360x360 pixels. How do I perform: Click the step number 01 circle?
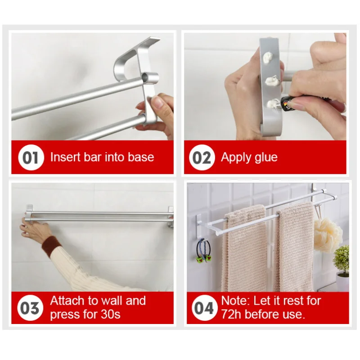[31, 158]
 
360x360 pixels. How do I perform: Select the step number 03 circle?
[31, 308]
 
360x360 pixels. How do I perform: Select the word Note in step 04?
[235, 301]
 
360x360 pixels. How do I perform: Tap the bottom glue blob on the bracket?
[271, 104]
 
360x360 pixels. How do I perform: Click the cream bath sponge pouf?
[327, 234]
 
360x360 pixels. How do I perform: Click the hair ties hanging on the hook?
[204, 250]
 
